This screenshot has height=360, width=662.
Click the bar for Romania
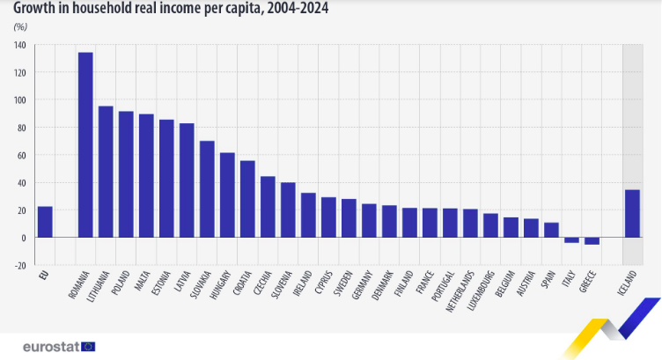[85, 145]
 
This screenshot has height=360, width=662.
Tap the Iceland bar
[632, 214]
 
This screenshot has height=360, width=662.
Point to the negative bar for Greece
[592, 240]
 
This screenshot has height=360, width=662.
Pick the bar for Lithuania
[106, 172]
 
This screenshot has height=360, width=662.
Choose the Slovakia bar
[207, 189]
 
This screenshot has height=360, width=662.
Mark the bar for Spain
[551, 230]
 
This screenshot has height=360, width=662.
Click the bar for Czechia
[268, 207]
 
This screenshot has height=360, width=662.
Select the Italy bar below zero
[571, 239]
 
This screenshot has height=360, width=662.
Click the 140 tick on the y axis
[20, 45]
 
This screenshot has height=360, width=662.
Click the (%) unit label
[19, 27]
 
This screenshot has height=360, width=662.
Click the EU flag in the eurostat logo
[88, 347]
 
